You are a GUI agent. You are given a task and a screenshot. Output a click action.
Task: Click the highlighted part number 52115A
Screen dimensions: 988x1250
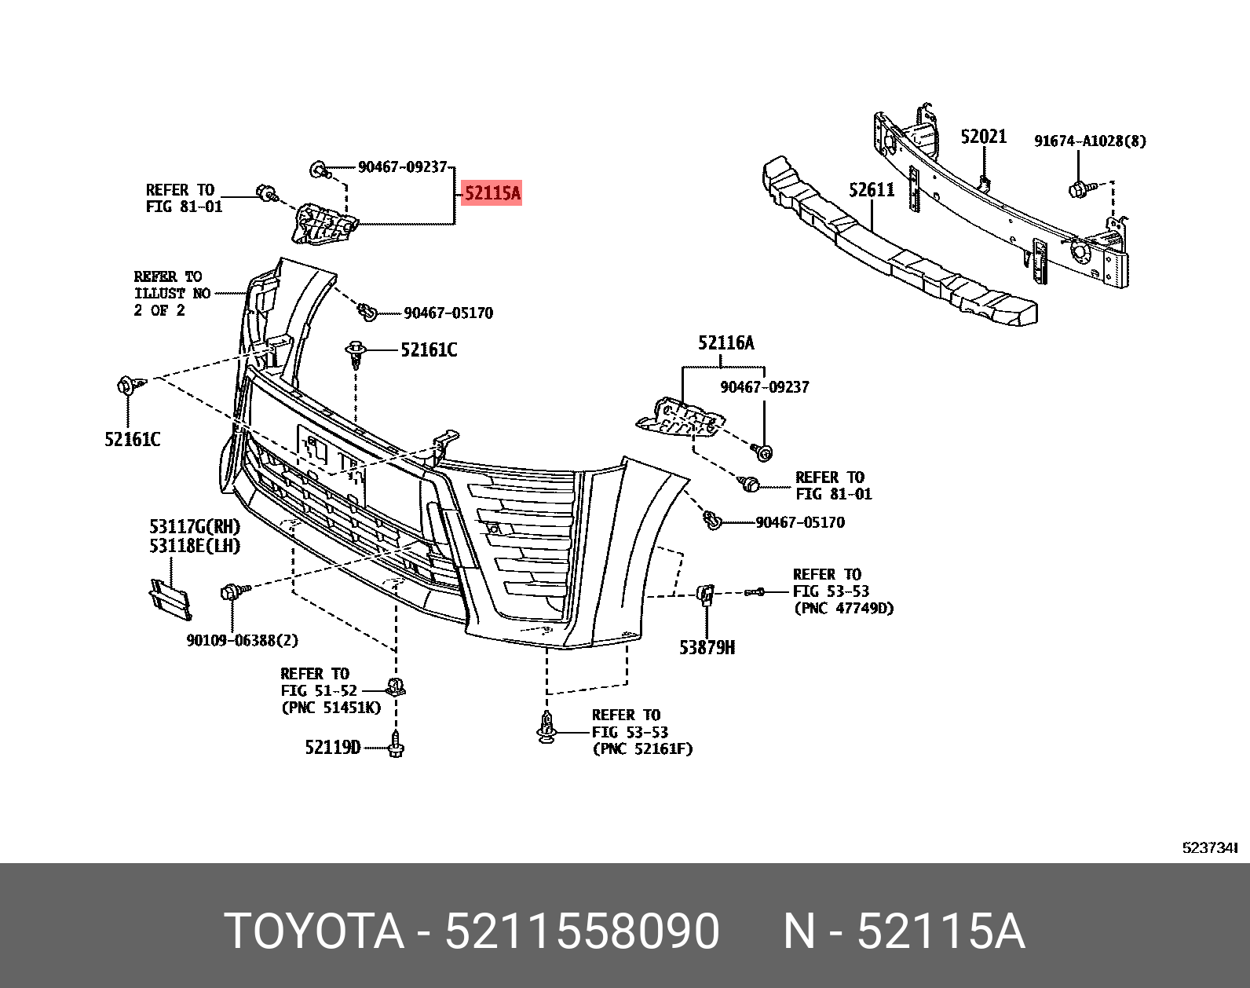coord(492,192)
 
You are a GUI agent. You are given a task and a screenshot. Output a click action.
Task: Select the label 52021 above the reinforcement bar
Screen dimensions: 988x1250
coord(983,137)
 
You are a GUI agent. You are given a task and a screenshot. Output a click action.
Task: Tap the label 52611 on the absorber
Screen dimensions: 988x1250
coord(872,189)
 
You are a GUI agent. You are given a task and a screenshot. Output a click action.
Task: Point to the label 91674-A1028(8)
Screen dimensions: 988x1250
coord(1090,141)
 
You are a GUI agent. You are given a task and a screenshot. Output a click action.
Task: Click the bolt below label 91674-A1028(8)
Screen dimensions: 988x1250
coord(1079,189)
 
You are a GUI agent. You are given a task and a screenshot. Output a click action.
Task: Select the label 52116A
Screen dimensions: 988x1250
coord(726,342)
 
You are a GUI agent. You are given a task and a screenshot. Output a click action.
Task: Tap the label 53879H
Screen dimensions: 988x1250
coord(707,647)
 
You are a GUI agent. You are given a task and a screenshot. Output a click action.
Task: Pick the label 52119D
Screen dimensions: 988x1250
coord(332,747)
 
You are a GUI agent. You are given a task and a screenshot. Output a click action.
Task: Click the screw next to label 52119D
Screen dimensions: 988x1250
coord(396,744)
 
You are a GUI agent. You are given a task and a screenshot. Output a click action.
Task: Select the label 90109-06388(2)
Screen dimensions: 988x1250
coord(242,640)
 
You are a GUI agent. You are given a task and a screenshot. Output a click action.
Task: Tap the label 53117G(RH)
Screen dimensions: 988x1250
coord(195,526)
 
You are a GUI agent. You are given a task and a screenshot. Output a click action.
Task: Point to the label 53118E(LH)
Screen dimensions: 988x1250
coord(195,545)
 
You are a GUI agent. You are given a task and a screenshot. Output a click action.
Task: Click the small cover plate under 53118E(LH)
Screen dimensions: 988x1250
coord(170,598)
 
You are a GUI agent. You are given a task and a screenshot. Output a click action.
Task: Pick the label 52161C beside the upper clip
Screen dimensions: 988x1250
coord(429,350)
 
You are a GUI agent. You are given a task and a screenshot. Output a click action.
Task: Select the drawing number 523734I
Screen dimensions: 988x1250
coord(1209,847)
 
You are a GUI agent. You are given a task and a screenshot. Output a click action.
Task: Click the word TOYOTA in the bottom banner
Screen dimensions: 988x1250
coord(314,931)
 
